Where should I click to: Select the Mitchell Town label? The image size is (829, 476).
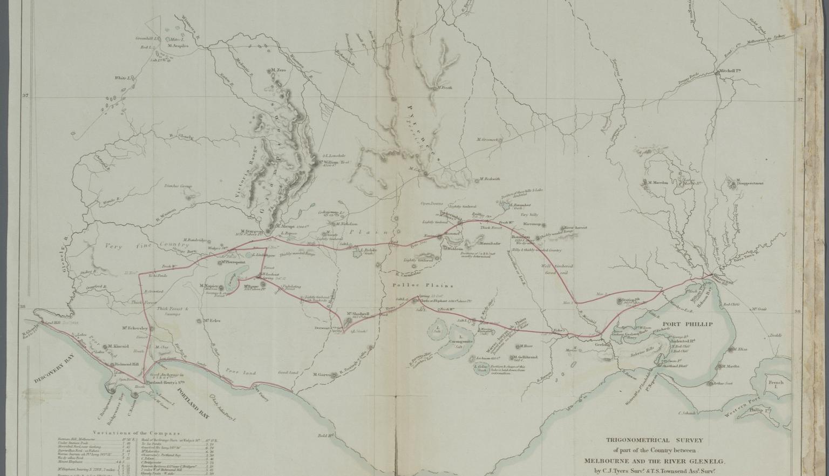click(x=729, y=71)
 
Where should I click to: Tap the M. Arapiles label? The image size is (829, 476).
click(x=178, y=46)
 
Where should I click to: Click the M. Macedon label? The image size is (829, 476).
click(x=657, y=182)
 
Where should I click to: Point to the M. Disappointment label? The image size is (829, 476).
click(x=749, y=183)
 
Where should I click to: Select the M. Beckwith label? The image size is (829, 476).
click(x=489, y=179)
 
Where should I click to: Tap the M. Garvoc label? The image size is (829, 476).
click(x=322, y=375)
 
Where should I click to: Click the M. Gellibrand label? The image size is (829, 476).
click(x=525, y=357)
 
